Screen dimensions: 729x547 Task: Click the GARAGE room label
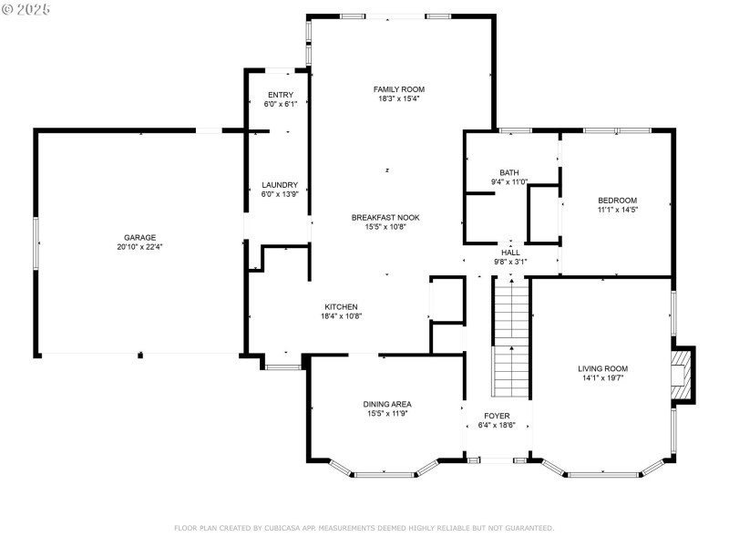tap(140, 237)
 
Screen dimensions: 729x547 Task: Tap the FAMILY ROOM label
tap(399, 89)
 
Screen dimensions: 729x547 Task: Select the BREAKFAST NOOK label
tap(385, 217)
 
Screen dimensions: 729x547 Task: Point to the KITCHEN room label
tap(341, 307)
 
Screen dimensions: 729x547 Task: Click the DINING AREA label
tap(387, 404)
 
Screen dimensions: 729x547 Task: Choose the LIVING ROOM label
tap(603, 368)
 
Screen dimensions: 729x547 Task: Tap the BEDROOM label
tap(618, 201)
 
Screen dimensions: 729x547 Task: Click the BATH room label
tap(509, 172)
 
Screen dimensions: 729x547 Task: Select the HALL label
tap(510, 253)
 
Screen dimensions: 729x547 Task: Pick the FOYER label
tap(497, 416)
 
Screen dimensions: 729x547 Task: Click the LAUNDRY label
tap(280, 185)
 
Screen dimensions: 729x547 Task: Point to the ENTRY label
tap(281, 95)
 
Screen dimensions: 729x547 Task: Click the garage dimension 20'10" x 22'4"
tap(140, 247)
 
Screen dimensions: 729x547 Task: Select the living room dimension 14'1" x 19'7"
tap(603, 378)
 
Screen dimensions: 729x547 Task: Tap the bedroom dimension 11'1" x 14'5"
tap(618, 210)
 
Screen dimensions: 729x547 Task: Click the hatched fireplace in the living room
tap(682, 375)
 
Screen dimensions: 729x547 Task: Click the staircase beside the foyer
tap(511, 337)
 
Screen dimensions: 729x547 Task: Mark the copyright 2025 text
tap(26, 9)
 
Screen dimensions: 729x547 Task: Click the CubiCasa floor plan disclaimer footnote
tap(364, 528)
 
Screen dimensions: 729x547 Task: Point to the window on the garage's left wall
tap(36, 243)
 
